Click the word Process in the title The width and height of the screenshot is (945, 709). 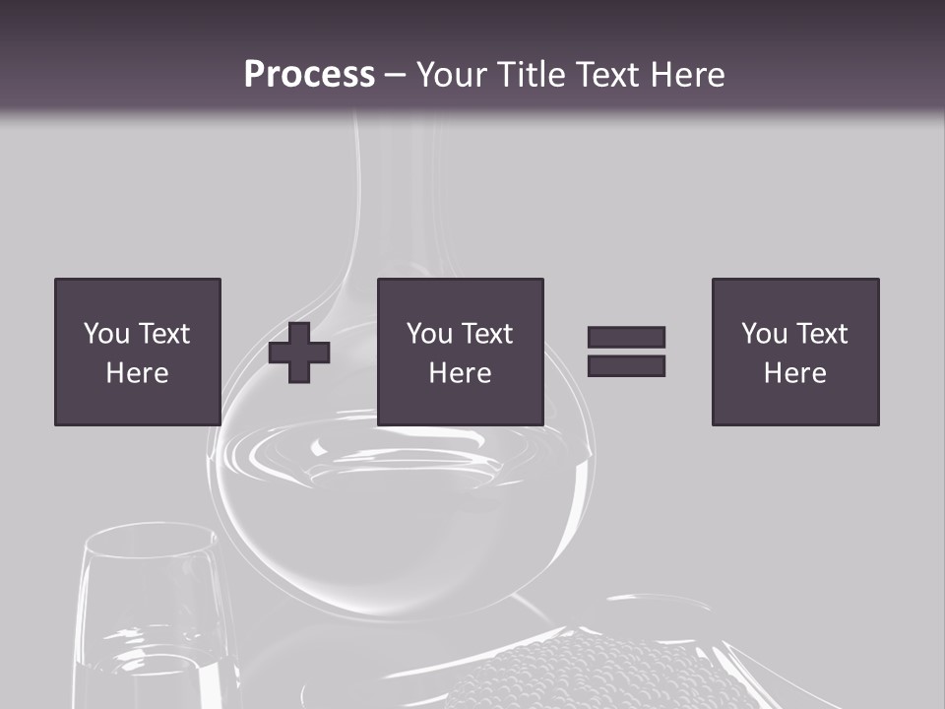[x=309, y=75]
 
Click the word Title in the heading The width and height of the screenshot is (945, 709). [x=530, y=75]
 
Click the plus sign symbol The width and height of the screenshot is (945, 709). [x=299, y=353]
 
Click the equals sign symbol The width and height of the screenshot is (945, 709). [x=626, y=352]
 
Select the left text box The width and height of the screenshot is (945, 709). [x=137, y=352]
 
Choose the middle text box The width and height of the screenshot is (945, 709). [x=460, y=352]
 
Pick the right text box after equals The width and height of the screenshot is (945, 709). [x=794, y=352]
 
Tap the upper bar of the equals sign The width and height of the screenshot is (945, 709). [x=626, y=338]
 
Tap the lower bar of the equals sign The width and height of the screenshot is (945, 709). [x=626, y=366]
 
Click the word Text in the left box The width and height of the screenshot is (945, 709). [x=163, y=334]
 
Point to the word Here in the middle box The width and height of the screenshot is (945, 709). [x=460, y=373]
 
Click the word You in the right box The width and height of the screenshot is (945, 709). [x=764, y=334]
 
